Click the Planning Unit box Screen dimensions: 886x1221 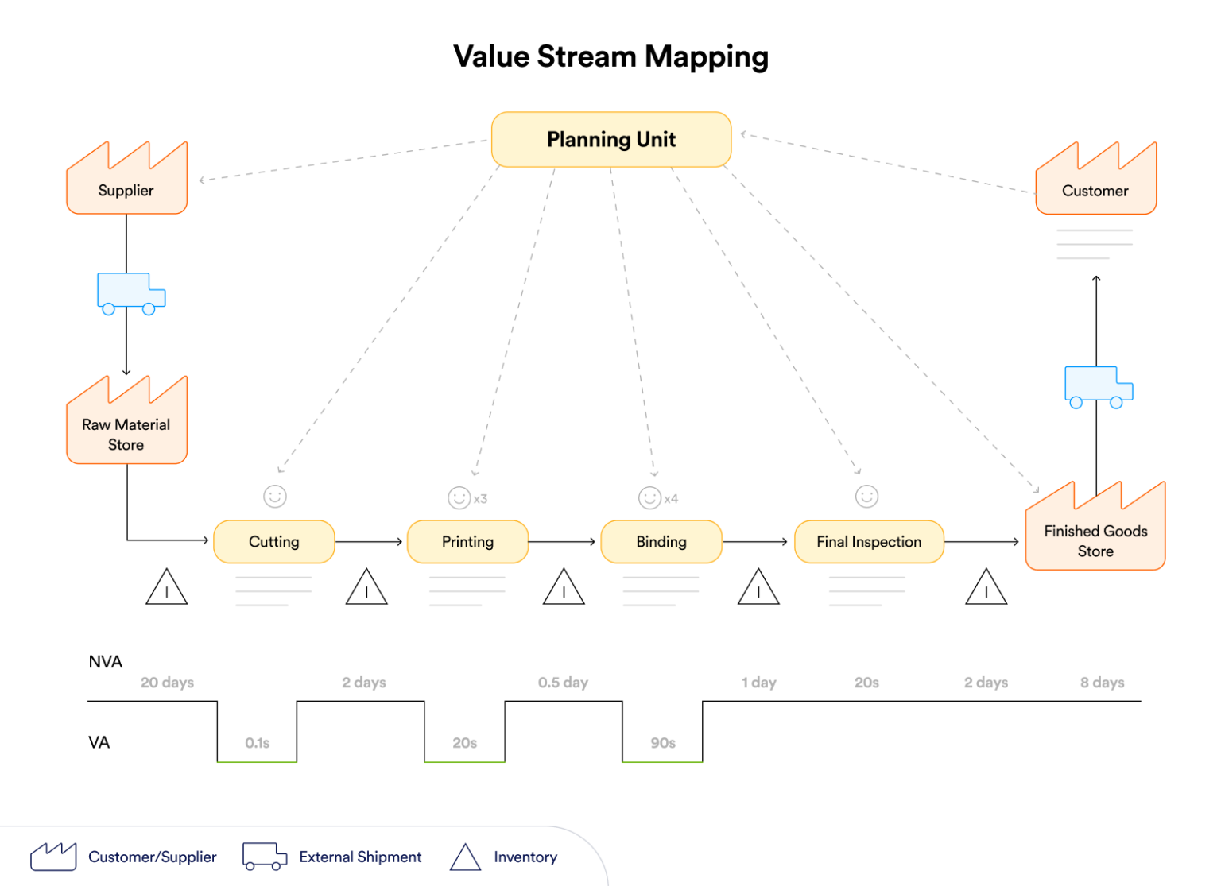(x=610, y=140)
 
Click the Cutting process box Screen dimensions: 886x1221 (x=274, y=542)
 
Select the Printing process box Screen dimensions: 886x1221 (x=467, y=542)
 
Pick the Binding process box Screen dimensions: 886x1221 (x=661, y=542)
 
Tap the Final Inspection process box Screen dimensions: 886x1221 (x=869, y=542)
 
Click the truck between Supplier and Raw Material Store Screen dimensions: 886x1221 (x=130, y=292)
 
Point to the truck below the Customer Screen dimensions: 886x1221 (x=1098, y=386)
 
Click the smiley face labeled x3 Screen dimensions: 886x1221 (x=459, y=498)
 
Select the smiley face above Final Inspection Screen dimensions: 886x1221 (x=866, y=497)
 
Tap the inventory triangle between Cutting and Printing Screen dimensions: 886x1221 (x=366, y=588)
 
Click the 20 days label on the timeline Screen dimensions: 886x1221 (x=167, y=683)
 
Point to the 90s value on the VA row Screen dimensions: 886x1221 (x=663, y=743)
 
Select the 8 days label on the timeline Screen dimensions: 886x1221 (x=1102, y=683)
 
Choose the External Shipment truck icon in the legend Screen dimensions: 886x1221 (x=264, y=857)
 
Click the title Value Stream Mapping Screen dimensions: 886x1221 (x=610, y=57)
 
